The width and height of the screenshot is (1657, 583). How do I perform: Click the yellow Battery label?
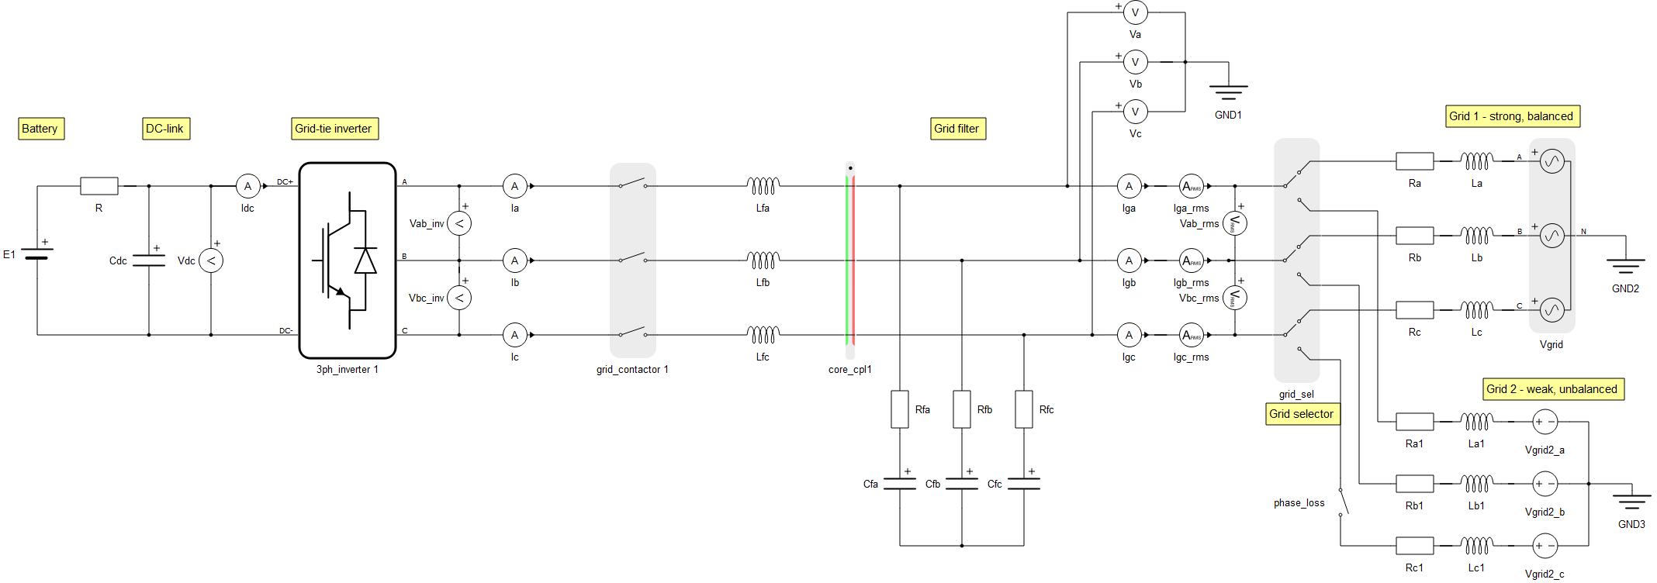tap(40, 129)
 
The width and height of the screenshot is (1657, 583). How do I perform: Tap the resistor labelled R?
tap(99, 186)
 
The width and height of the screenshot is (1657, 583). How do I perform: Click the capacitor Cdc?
tap(149, 260)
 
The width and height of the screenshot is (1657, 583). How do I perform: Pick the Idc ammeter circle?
tap(247, 186)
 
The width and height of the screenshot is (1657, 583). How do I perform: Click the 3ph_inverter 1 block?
tap(348, 260)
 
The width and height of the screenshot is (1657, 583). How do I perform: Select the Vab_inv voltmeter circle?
tap(459, 223)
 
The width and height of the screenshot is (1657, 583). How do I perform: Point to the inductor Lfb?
tap(763, 260)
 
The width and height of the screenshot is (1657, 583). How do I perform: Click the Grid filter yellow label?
tap(957, 129)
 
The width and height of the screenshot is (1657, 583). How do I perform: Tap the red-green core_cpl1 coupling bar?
tap(850, 260)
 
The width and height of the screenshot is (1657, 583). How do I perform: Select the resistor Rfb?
tap(962, 409)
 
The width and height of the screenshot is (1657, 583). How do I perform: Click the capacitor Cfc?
tap(1024, 484)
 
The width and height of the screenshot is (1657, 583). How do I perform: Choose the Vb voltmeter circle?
tap(1135, 62)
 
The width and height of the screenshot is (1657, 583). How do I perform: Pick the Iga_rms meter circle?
tap(1191, 186)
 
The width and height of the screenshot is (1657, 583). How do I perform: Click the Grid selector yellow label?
tap(1302, 414)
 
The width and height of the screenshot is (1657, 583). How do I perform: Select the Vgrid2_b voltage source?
tap(1545, 484)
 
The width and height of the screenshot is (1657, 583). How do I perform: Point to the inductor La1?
tap(1477, 421)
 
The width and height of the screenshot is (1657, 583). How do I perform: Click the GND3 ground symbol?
tap(1631, 501)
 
